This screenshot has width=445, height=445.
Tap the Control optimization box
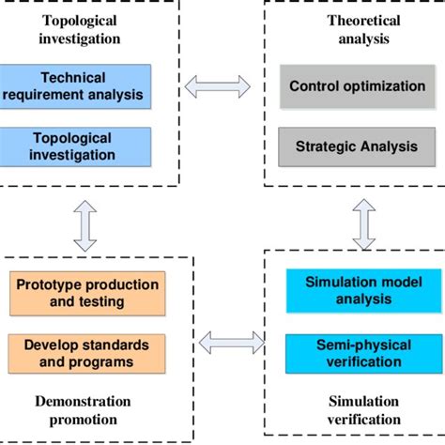point(357,86)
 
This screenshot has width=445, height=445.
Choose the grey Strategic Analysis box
point(357,146)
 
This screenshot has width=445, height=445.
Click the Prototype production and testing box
point(86,292)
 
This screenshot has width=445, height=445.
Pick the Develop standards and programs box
point(86,354)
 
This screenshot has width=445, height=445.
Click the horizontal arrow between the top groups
point(218,86)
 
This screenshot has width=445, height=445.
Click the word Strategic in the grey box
point(325,146)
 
